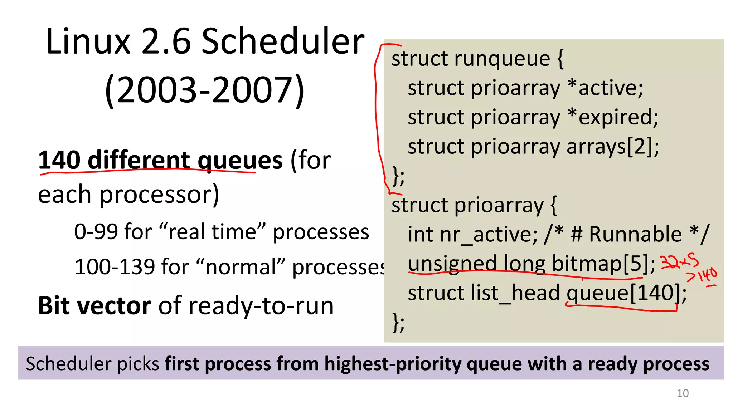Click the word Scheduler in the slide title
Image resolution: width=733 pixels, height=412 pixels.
point(283,42)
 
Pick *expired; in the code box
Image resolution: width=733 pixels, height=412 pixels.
point(613,117)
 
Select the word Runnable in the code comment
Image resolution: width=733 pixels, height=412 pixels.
point(635,235)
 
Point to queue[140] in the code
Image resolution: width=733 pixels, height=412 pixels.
point(623,293)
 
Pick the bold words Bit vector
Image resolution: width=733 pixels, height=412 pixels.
point(94,306)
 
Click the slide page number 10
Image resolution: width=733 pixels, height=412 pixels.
point(682,393)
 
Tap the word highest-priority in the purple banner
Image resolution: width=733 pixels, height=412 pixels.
point(393,364)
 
